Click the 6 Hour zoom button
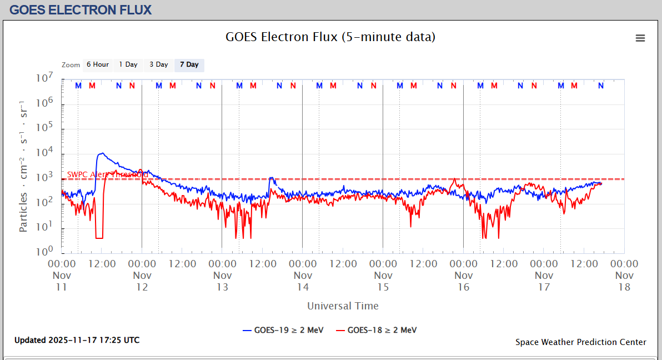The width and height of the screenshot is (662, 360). click(98, 64)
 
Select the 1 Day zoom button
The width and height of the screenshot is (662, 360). click(128, 64)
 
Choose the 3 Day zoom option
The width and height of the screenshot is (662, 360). click(158, 64)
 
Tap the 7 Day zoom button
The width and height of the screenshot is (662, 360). click(189, 64)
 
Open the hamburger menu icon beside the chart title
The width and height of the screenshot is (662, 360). click(640, 38)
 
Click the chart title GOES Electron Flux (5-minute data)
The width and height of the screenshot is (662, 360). click(330, 37)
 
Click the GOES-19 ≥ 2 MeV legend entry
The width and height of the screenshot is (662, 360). click(283, 330)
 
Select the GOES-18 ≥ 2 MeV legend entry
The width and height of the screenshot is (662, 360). click(376, 330)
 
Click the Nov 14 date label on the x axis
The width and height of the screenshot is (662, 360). click(303, 281)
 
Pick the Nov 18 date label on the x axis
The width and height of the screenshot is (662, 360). click(624, 281)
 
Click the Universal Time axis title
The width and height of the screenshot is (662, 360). click(343, 306)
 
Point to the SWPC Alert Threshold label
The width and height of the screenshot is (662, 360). click(107, 174)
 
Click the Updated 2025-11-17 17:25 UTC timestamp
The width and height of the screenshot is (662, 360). click(77, 340)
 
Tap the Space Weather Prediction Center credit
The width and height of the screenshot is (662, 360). click(580, 342)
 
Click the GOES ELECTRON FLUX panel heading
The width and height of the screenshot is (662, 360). click(81, 9)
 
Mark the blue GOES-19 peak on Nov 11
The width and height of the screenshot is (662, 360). click(102, 153)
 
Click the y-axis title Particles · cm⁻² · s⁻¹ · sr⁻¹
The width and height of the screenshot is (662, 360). click(23, 167)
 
